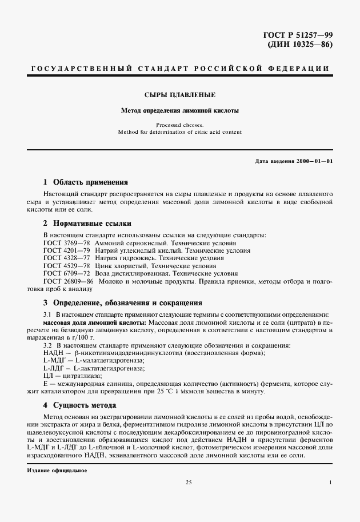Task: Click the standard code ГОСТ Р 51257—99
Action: (x=298, y=35)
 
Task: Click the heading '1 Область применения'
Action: (x=86, y=182)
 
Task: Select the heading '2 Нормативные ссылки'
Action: (x=88, y=224)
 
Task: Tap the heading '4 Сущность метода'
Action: (x=80, y=405)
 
